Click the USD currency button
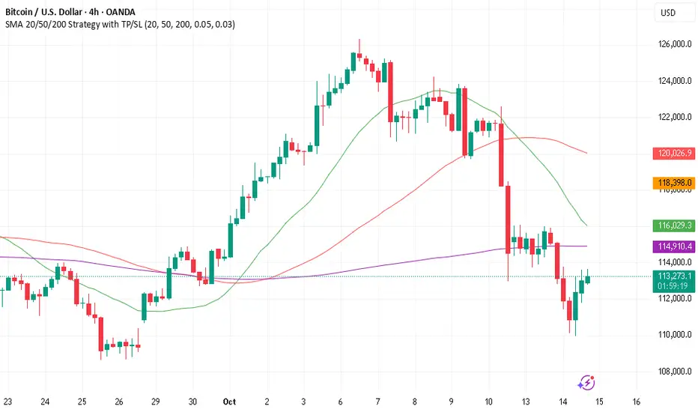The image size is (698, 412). (x=667, y=13)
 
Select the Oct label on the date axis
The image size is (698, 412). (x=229, y=402)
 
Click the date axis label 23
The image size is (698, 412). (x=7, y=402)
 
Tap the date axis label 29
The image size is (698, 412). (x=156, y=402)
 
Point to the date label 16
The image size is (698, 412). (x=636, y=402)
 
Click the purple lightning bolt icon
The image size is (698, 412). (x=586, y=383)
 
